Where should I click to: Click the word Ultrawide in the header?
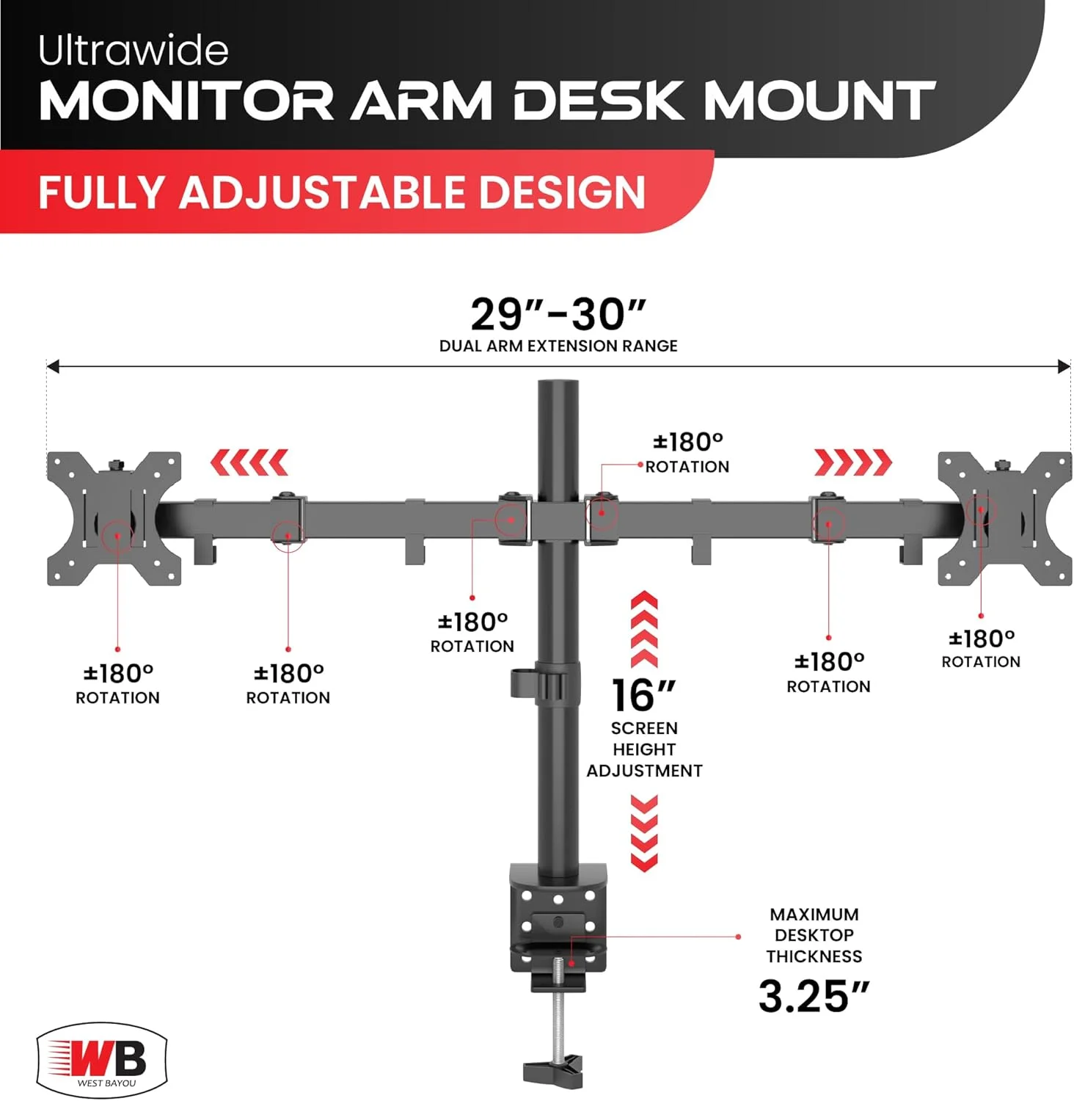click(x=134, y=50)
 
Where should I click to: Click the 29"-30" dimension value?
click(x=558, y=314)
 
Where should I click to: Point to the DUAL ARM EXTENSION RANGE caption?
click(x=558, y=346)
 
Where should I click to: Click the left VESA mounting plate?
click(x=114, y=518)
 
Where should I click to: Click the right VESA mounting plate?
click(x=1005, y=518)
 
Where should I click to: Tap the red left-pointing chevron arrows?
click(x=249, y=462)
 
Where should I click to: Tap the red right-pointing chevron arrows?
click(x=853, y=462)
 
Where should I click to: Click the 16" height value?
click(x=644, y=695)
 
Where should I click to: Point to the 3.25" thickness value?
click(x=814, y=996)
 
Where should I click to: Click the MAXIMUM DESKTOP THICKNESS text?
click(x=814, y=935)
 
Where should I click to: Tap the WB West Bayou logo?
click(x=102, y=1060)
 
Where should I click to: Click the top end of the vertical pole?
click(x=558, y=382)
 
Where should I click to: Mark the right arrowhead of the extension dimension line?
click(x=1064, y=366)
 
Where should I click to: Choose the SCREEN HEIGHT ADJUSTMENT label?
click(x=644, y=749)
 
